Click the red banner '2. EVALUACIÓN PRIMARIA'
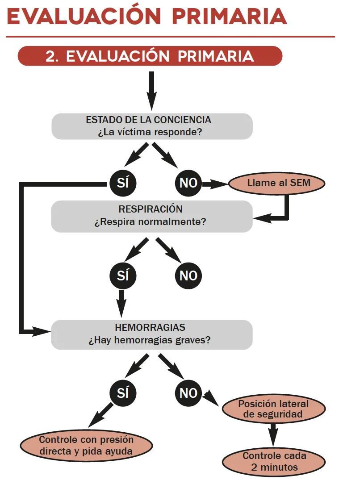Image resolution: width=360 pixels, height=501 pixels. tap(150, 56)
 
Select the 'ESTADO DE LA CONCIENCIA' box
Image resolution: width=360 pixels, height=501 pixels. tap(152, 126)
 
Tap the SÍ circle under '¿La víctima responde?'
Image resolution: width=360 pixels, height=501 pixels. tap(123, 183)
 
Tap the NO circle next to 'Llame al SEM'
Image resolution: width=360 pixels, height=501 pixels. tap(188, 183)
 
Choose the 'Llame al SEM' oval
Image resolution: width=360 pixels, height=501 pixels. tap(276, 183)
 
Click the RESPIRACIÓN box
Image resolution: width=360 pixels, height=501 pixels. tap(151, 216)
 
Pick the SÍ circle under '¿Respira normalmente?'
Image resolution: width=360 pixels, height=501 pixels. tap(123, 276)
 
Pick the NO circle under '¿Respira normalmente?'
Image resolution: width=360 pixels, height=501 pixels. tap(188, 276)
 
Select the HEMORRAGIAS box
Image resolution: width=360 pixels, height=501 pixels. tap(151, 334)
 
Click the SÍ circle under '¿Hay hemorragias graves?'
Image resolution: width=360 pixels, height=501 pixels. tap(123, 393)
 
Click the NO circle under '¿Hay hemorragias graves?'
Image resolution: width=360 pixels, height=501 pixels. tap(188, 393)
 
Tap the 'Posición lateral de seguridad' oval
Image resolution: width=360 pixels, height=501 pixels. tap(273, 409)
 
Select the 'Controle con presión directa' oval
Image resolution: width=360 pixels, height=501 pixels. tap(86, 445)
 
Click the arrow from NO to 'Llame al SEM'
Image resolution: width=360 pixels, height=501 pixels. tap(215, 184)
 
